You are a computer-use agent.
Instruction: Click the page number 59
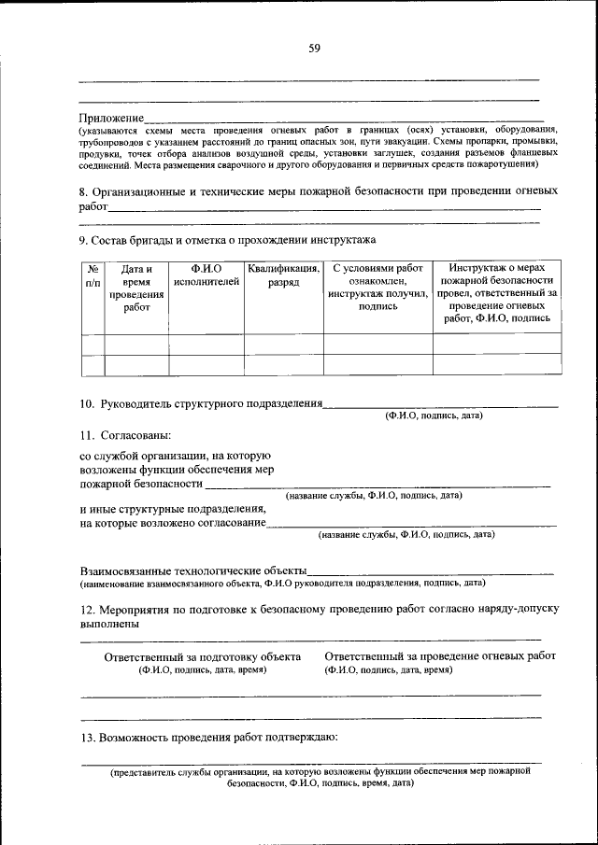pos(314,49)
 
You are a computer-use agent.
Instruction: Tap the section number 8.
pos(82,190)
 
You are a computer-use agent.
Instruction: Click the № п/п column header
pos(93,275)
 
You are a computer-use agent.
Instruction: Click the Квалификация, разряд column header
pos(283,275)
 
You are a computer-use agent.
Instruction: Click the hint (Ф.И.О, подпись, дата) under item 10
pos(434,416)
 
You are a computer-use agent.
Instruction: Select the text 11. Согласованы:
pos(125,435)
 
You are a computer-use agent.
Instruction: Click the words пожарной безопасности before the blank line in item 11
pos(140,485)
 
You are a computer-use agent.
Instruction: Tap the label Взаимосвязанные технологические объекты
pos(192,570)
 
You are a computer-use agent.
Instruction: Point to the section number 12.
pos(86,609)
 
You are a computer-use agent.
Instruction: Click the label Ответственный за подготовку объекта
pos(202,656)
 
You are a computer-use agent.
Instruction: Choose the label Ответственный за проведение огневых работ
pos(439,656)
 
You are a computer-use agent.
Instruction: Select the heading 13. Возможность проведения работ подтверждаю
pos(207,738)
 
